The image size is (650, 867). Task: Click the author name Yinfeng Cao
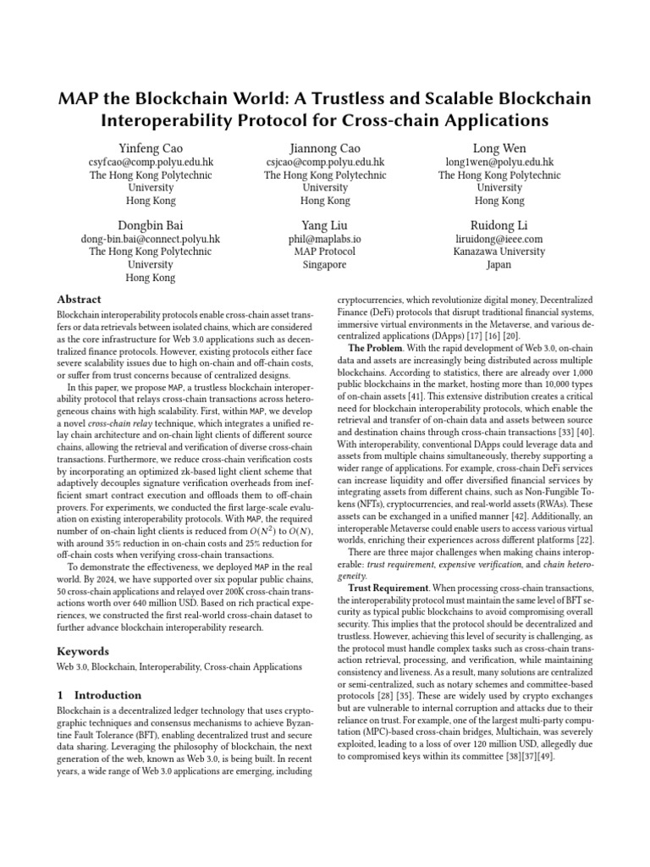pos(151,147)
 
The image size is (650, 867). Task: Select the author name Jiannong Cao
pos(325,147)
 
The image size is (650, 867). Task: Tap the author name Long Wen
pos(499,147)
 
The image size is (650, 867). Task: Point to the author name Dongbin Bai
pos(151,224)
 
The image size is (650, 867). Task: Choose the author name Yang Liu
pos(325,224)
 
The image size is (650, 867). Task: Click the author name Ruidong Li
pos(499,224)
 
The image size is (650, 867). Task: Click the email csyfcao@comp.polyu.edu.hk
pos(151,162)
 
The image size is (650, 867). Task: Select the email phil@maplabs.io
pos(325,239)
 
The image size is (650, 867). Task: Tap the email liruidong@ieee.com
pos(499,239)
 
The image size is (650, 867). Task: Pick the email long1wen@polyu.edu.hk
pos(499,162)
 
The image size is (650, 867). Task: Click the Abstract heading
pos(79,300)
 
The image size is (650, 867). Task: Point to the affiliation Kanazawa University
pos(499,251)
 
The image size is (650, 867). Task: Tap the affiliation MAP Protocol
pos(325,251)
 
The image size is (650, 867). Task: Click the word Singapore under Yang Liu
pos(325,265)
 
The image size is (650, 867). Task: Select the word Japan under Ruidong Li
pos(499,265)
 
